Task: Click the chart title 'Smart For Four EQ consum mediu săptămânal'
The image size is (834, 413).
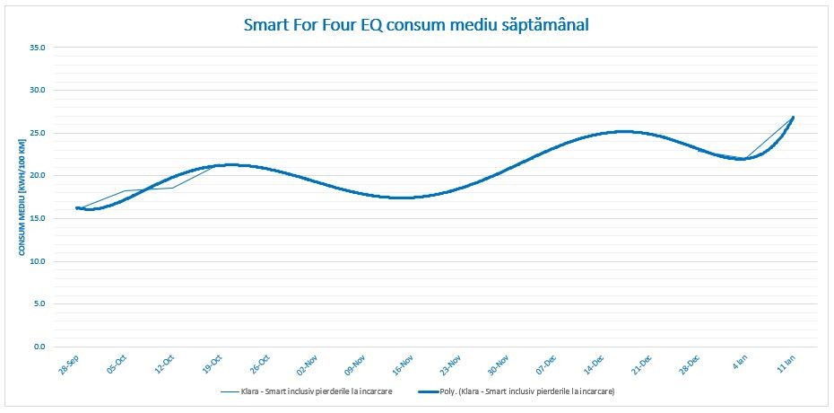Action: (416, 25)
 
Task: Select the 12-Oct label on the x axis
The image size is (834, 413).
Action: (164, 364)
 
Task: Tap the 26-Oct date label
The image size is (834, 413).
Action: (259, 364)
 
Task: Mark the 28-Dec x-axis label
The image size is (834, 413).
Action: (689, 364)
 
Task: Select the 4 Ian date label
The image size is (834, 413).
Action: (739, 362)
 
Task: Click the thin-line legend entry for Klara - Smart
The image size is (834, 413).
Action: (307, 391)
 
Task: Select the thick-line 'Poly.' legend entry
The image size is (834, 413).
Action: (516, 391)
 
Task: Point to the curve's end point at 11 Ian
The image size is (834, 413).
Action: (793, 117)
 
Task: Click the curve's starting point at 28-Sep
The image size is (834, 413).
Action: (76, 208)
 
